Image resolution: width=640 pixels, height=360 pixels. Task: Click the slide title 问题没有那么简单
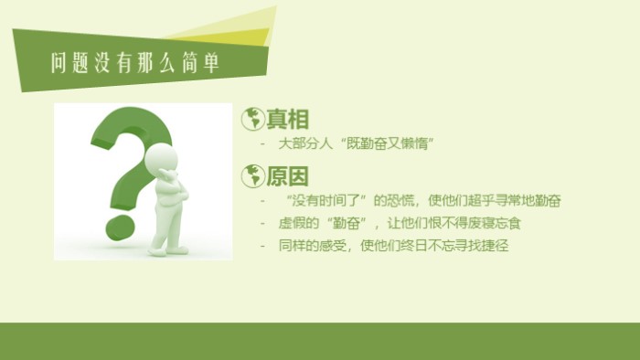click(135, 62)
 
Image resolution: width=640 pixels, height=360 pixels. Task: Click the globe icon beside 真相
click(252, 119)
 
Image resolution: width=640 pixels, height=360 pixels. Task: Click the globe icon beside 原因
click(252, 175)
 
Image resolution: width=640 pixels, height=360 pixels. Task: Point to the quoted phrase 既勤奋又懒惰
click(383, 143)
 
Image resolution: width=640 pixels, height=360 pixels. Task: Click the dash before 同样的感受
click(264, 246)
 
